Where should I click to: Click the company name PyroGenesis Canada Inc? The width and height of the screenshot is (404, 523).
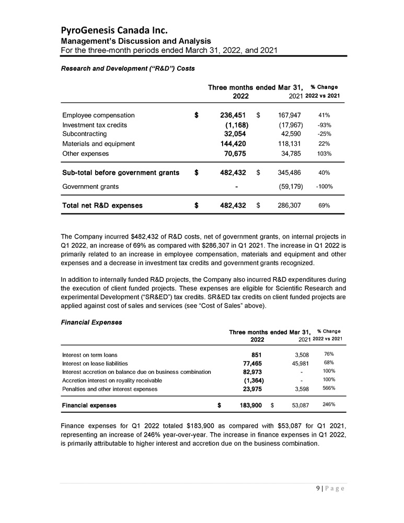[115, 28]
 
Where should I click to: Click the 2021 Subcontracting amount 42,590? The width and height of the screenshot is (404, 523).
[286, 134]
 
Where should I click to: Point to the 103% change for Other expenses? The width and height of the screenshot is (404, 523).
[324, 154]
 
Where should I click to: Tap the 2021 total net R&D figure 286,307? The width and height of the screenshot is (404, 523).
[286, 206]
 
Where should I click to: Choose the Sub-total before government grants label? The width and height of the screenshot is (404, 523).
[121, 172]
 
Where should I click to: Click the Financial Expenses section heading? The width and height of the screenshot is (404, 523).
[92, 322]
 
